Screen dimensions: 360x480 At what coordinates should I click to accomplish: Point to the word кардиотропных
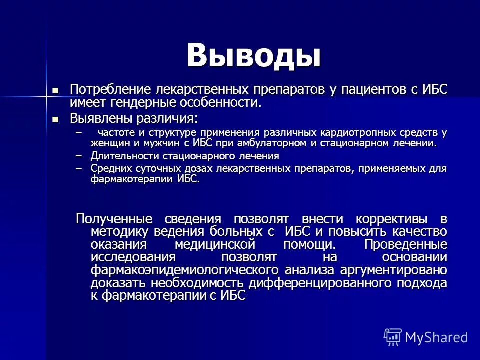pyautogui.click(x=360, y=133)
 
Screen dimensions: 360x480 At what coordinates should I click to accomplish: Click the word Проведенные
pyautogui.click(x=405, y=245)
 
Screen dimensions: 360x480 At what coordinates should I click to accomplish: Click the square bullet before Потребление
pyautogui.click(x=56, y=90)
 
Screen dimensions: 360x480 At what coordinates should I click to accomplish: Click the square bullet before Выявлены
pyautogui.click(x=56, y=119)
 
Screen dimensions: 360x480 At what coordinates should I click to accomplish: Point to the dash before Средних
pyautogui.click(x=77, y=168)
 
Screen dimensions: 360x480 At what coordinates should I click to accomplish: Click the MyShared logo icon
pyautogui.click(x=393, y=337)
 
